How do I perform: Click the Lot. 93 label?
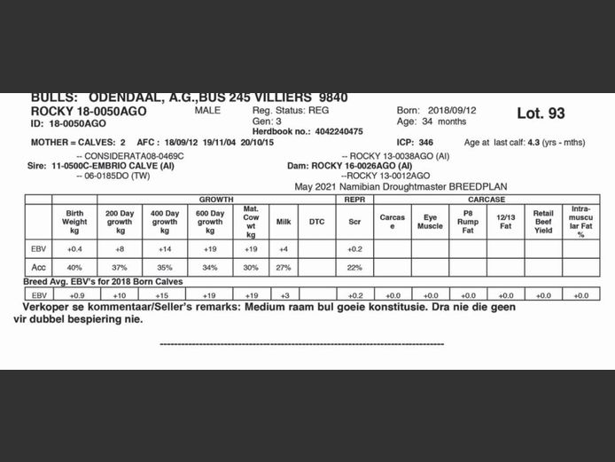pyautogui.click(x=541, y=114)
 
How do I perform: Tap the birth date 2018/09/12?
pyautogui.click(x=452, y=110)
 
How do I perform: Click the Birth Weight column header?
pyautogui.click(x=74, y=222)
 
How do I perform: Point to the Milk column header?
pyautogui.click(x=284, y=222)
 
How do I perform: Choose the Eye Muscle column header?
pyautogui.click(x=430, y=222)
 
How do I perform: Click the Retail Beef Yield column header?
pyautogui.click(x=542, y=222)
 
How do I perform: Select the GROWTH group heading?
pyautogui.click(x=216, y=200)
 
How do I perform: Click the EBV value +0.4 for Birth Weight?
pyautogui.click(x=74, y=249)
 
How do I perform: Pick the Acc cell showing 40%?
pyautogui.click(x=74, y=267)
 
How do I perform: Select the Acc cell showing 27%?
pyautogui.click(x=284, y=267)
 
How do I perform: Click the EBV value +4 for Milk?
pyautogui.click(x=284, y=249)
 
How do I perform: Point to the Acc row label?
pyautogui.click(x=38, y=267)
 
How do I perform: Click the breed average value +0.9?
pyautogui.click(x=74, y=294)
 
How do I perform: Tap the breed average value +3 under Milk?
pyautogui.click(x=284, y=294)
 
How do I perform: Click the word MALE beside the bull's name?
pyautogui.click(x=206, y=110)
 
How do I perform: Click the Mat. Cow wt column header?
pyautogui.click(x=251, y=222)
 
